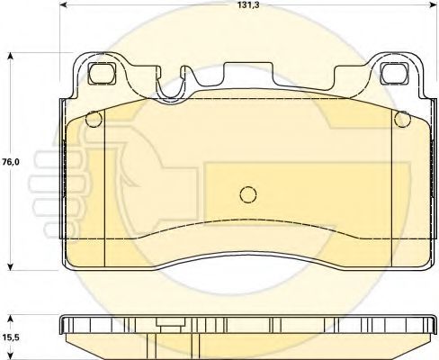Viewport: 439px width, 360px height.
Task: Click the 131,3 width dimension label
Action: tap(249, 4)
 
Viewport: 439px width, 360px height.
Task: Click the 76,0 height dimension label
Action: tap(11, 162)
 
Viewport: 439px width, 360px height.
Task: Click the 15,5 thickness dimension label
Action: tap(12, 337)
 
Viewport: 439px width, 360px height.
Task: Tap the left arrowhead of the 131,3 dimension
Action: tap(64, 4)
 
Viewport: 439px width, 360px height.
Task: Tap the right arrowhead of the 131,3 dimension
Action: tap(434, 4)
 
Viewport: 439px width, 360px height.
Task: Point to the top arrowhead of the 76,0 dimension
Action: tap(11, 57)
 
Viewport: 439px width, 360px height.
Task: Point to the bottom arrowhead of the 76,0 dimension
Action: tap(11, 266)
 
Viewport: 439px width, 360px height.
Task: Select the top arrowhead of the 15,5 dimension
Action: tap(11, 319)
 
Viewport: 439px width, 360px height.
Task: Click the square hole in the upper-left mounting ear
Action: tap(102, 73)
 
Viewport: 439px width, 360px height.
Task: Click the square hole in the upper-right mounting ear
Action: tap(394, 73)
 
